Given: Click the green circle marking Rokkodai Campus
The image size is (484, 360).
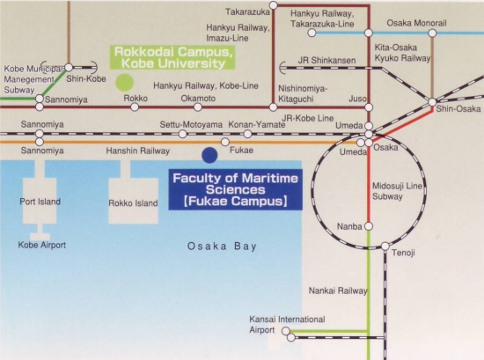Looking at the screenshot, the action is pyautogui.click(x=124, y=83).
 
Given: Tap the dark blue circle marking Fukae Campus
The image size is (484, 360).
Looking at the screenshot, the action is pyautogui.click(x=209, y=155).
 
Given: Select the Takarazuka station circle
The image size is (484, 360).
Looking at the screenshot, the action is pyautogui.click(x=274, y=5).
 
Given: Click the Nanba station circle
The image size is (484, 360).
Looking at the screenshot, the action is pyautogui.click(x=369, y=226).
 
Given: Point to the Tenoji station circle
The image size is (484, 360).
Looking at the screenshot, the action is pyautogui.click(x=385, y=246).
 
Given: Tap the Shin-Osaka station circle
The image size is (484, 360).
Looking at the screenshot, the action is pyautogui.click(x=432, y=102).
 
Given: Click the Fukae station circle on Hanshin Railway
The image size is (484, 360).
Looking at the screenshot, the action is pyautogui.click(x=225, y=142).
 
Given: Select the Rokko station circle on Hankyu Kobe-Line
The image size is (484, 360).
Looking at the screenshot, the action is pyautogui.click(x=135, y=107).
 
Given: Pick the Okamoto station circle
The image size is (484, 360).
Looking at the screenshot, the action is pyautogui.click(x=198, y=107).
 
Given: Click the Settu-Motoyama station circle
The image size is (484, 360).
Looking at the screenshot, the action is pyautogui.click(x=183, y=134).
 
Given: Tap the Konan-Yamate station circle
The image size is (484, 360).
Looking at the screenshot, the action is pyautogui.click(x=247, y=134).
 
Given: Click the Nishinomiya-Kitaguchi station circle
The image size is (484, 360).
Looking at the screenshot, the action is pyautogui.click(x=273, y=107).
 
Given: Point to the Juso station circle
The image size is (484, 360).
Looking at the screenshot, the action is pyautogui.click(x=369, y=107).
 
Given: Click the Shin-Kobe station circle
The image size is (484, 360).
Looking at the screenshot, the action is pyautogui.click(x=69, y=67).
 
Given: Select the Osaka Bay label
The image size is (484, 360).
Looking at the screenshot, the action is pyautogui.click(x=223, y=246).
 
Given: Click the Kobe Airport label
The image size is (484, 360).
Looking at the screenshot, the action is pyautogui.click(x=42, y=246).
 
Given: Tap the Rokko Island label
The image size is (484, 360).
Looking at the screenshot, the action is pyautogui.click(x=133, y=203).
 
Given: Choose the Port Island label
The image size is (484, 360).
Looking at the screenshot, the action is pyautogui.click(x=40, y=202).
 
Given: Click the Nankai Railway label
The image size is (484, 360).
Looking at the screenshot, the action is pyautogui.click(x=338, y=290).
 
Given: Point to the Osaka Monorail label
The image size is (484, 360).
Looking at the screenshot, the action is pyautogui.click(x=416, y=23).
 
